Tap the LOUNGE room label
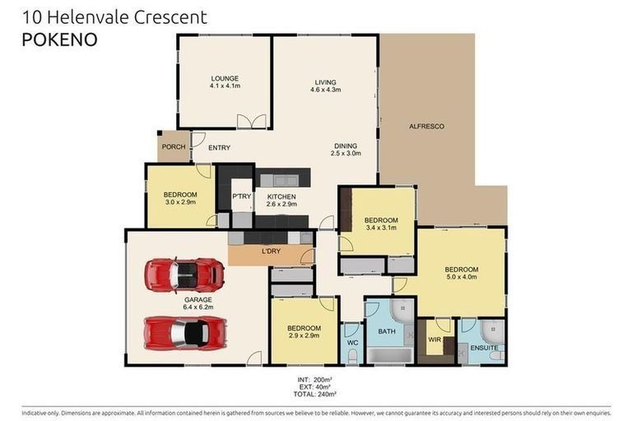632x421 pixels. click(224, 79)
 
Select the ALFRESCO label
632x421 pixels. click(426, 126)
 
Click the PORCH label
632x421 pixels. click(173, 147)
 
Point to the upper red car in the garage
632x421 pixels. click(184, 275)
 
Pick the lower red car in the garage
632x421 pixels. click(184, 332)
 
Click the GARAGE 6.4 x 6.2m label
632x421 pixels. click(197, 304)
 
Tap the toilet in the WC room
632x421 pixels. click(351, 355)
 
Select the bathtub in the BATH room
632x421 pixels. click(392, 355)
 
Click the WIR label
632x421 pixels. click(434, 339)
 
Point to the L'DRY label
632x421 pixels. click(271, 250)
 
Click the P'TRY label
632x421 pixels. click(241, 197)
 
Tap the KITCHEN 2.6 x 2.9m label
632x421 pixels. click(281, 201)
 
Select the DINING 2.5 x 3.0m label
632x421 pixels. click(346, 150)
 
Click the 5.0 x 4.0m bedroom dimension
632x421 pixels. click(461, 277)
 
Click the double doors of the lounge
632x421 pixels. click(252, 122)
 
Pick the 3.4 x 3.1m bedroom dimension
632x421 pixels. click(381, 228)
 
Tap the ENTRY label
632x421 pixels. click(219, 148)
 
